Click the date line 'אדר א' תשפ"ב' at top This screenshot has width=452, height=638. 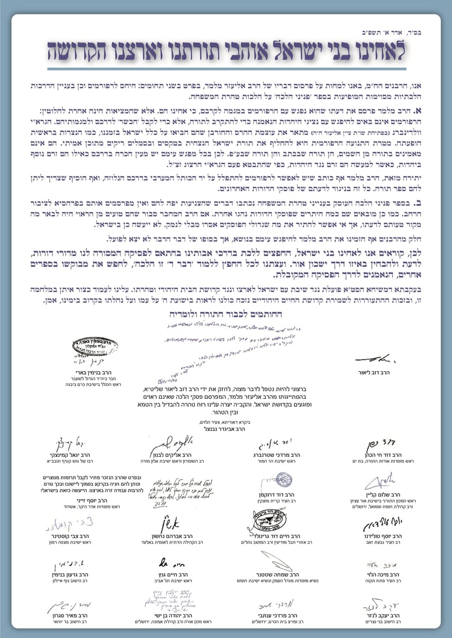(406, 32)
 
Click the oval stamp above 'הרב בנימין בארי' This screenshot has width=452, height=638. (89, 346)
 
